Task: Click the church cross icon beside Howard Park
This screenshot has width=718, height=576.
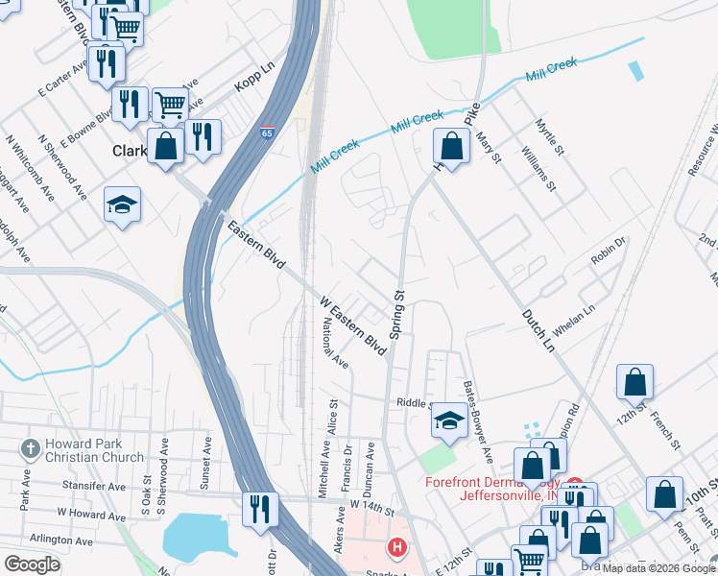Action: tap(30, 448)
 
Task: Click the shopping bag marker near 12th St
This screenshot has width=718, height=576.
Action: tap(634, 382)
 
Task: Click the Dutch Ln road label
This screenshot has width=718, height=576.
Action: tap(538, 329)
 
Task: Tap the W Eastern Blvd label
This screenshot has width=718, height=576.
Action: tap(352, 327)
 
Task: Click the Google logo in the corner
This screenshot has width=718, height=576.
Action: tap(33, 564)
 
